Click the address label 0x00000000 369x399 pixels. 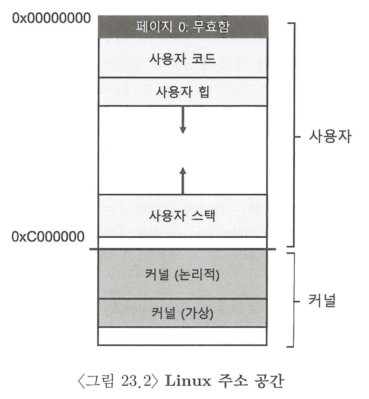pyautogui.click(x=52, y=18)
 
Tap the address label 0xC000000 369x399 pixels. pyautogui.click(x=48, y=237)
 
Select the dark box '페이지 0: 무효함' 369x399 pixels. pyautogui.click(x=183, y=26)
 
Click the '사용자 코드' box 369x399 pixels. pyautogui.click(x=183, y=58)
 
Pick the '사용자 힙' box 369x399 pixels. pyautogui.click(x=183, y=91)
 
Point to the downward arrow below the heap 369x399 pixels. pyautogui.click(x=183, y=120)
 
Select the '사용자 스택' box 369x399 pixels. pyautogui.click(x=183, y=216)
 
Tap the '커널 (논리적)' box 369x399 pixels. pyautogui.click(x=183, y=274)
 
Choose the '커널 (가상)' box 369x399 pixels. pyautogui.click(x=183, y=313)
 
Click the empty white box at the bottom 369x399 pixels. pyautogui.click(x=183, y=336)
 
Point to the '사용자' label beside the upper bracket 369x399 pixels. pyautogui.click(x=330, y=137)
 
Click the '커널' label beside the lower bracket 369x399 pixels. pyautogui.click(x=321, y=301)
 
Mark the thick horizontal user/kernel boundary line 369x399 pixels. pyautogui.click(x=183, y=249)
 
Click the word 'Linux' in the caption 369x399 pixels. pyautogui.click(x=188, y=381)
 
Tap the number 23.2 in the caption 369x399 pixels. pyautogui.click(x=137, y=381)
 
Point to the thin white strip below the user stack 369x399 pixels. pyautogui.click(x=183, y=242)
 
